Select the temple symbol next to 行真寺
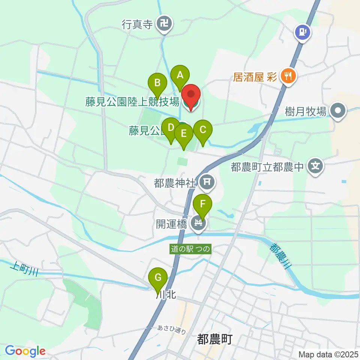pyautogui.click(x=164, y=25)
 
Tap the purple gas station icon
pyautogui.click(x=303, y=33)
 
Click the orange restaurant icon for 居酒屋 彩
pyautogui.click(x=288, y=77)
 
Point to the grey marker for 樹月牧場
pyautogui.click(x=338, y=111)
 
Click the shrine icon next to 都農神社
pyautogui.click(x=206, y=183)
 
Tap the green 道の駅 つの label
pyautogui.click(x=190, y=249)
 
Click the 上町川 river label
pyautogui.click(x=25, y=268)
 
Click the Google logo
pyautogui.click(x=25, y=351)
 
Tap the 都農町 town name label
pyautogui.click(x=214, y=339)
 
